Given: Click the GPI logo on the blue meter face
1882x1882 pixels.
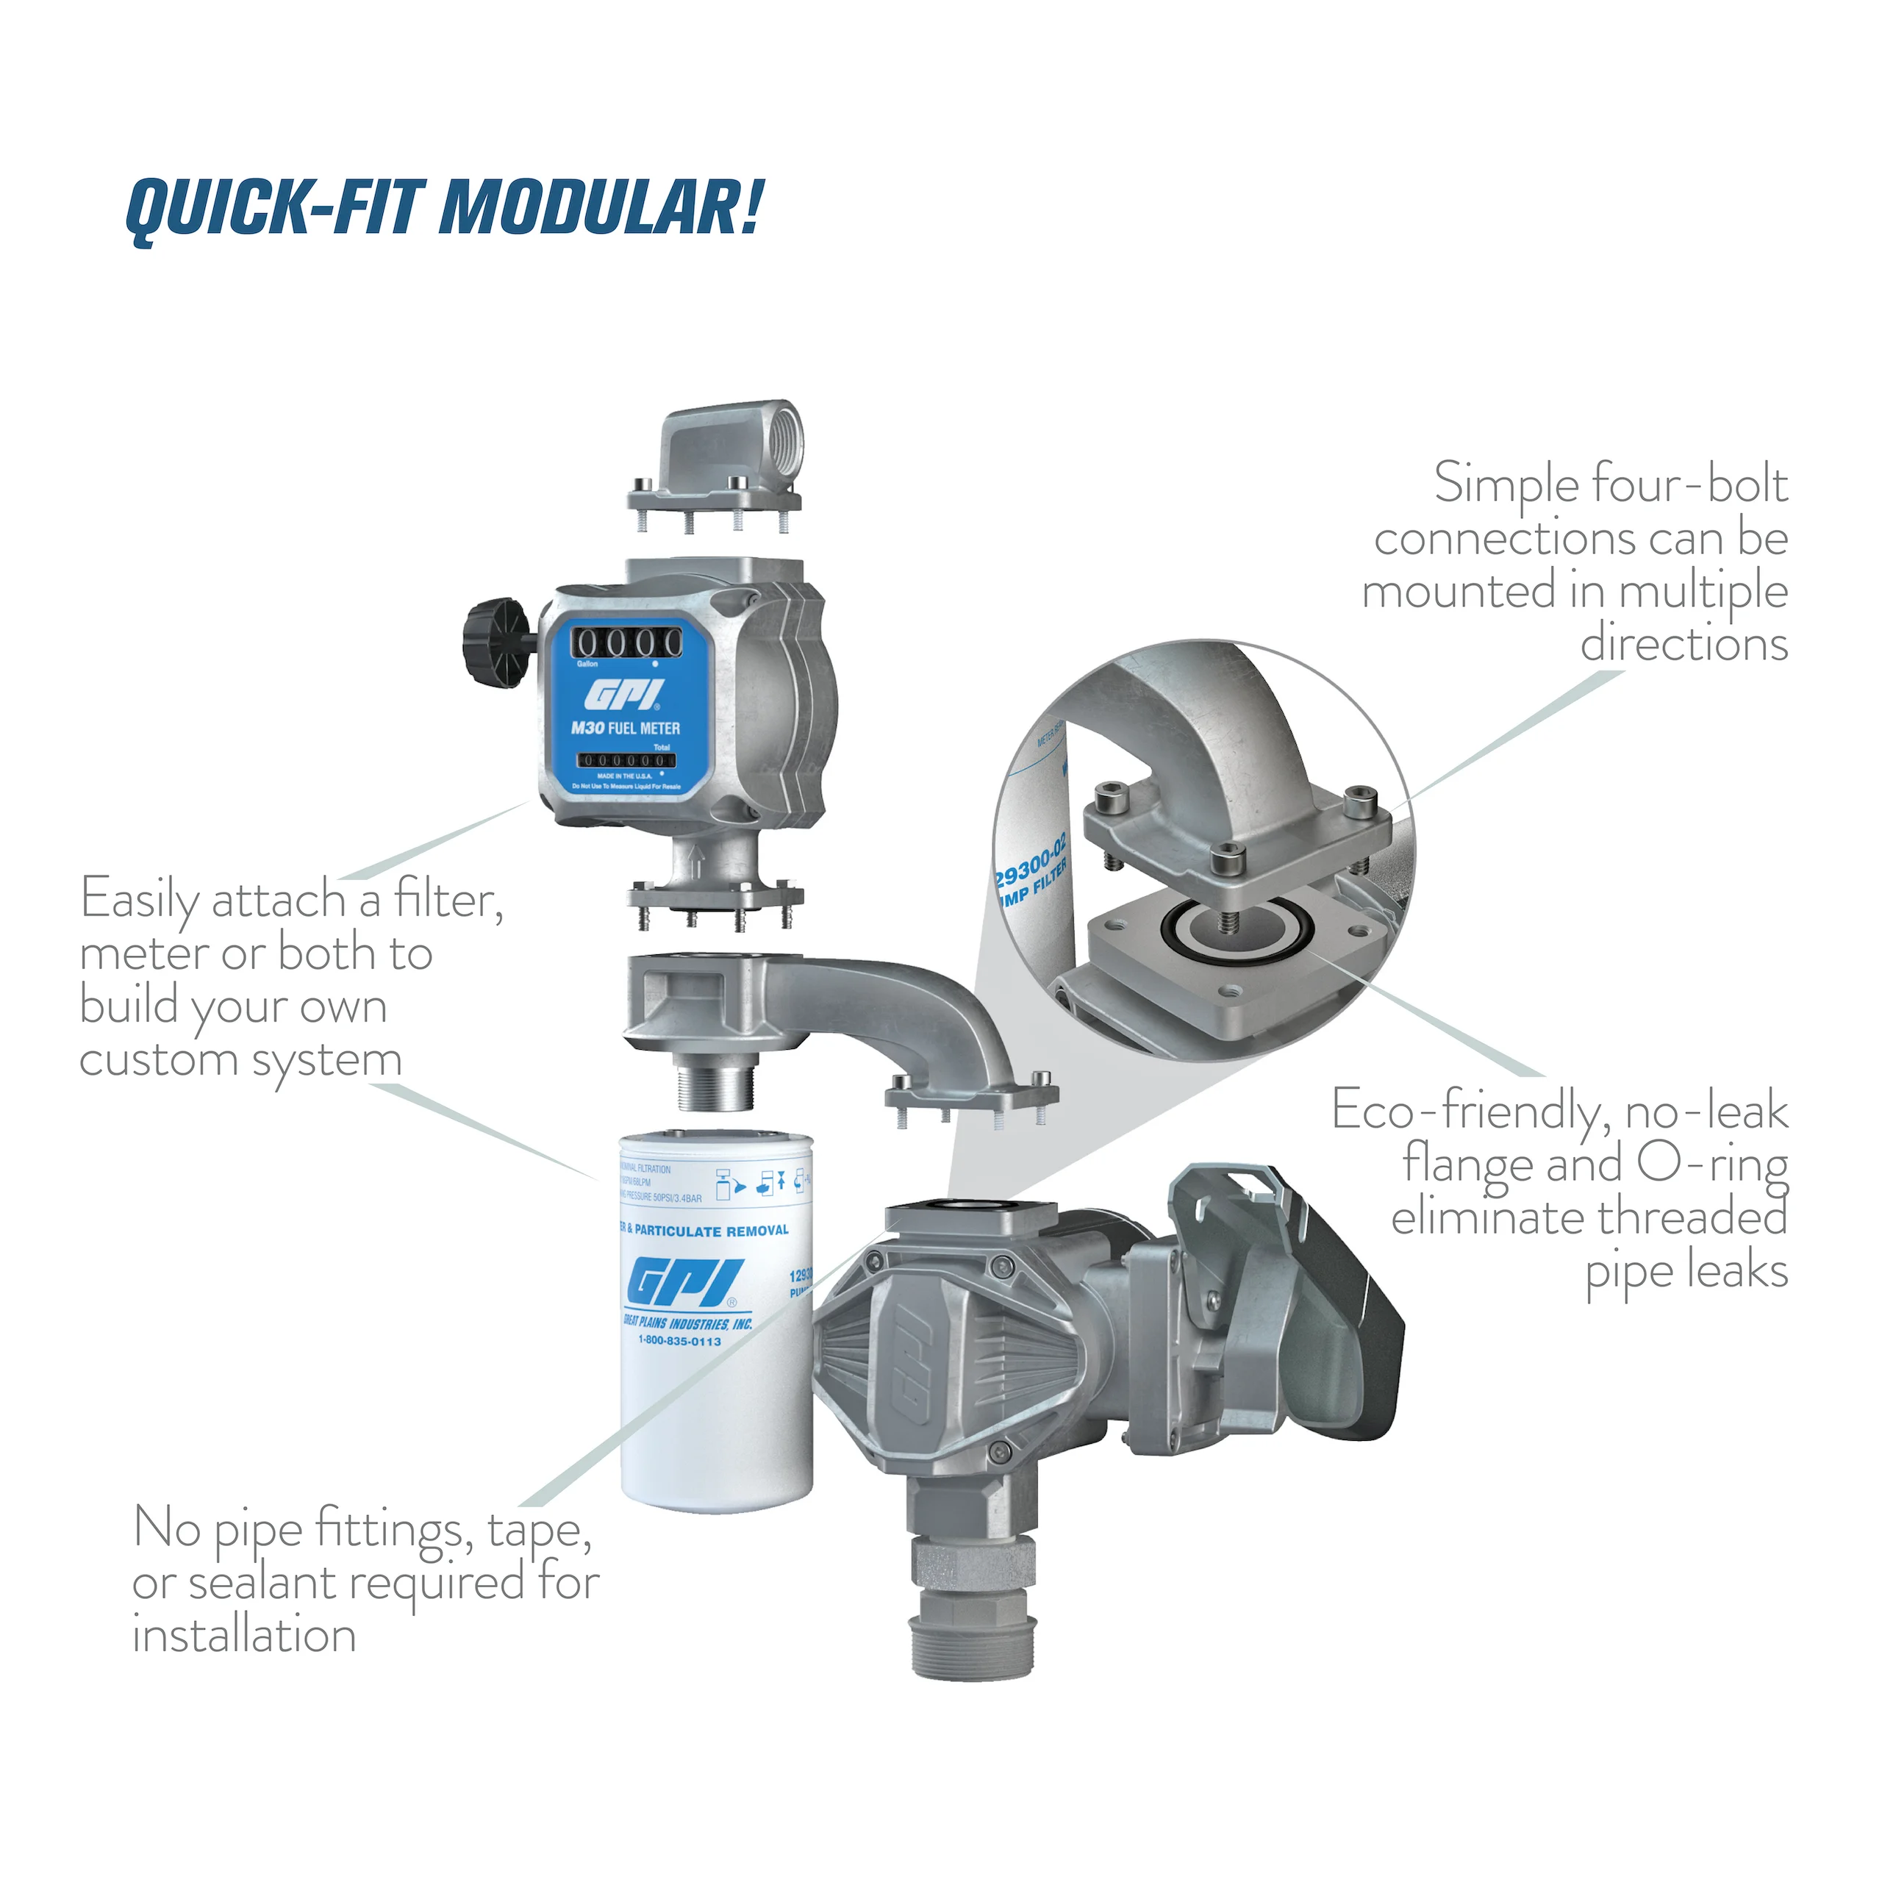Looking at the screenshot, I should click(624, 695).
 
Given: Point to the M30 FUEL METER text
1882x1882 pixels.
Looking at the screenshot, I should click(626, 728).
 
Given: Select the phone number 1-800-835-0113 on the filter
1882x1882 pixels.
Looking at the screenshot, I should click(679, 1342).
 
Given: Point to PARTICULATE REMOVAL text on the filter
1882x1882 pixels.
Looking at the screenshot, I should click(711, 1231).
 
